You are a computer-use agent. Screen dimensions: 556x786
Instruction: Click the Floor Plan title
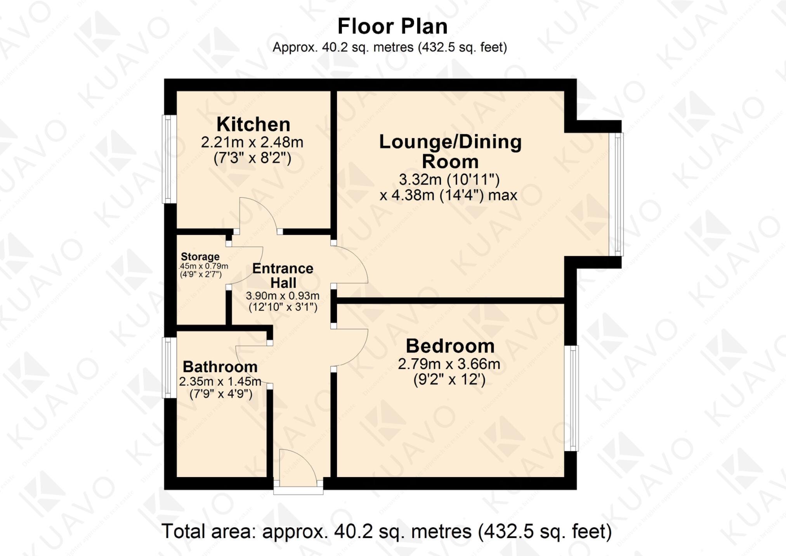coord(392,26)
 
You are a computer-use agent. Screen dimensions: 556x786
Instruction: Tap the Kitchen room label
coord(253,124)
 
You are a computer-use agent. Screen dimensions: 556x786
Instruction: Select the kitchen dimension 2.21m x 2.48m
coord(252,143)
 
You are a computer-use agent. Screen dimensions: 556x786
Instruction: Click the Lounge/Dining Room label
coord(450,151)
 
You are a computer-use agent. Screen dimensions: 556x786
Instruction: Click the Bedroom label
coord(450,346)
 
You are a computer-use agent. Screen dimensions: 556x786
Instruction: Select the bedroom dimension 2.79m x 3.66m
coord(449,364)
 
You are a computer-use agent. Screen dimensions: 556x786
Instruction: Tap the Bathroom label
coord(220,366)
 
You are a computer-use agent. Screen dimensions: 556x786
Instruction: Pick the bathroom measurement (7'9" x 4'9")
coord(221,394)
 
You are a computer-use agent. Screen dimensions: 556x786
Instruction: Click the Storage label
coord(200,257)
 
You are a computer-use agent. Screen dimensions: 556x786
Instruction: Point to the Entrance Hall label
coord(283,275)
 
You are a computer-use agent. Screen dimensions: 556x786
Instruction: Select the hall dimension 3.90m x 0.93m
coord(283,296)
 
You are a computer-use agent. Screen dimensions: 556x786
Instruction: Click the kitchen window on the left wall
coord(169,159)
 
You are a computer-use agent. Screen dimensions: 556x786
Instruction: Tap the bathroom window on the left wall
coord(169,368)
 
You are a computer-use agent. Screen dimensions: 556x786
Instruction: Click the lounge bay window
coord(616,194)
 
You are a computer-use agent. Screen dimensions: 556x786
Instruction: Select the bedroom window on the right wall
coord(571,398)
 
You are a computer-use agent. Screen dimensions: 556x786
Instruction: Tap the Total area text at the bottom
coord(386,531)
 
